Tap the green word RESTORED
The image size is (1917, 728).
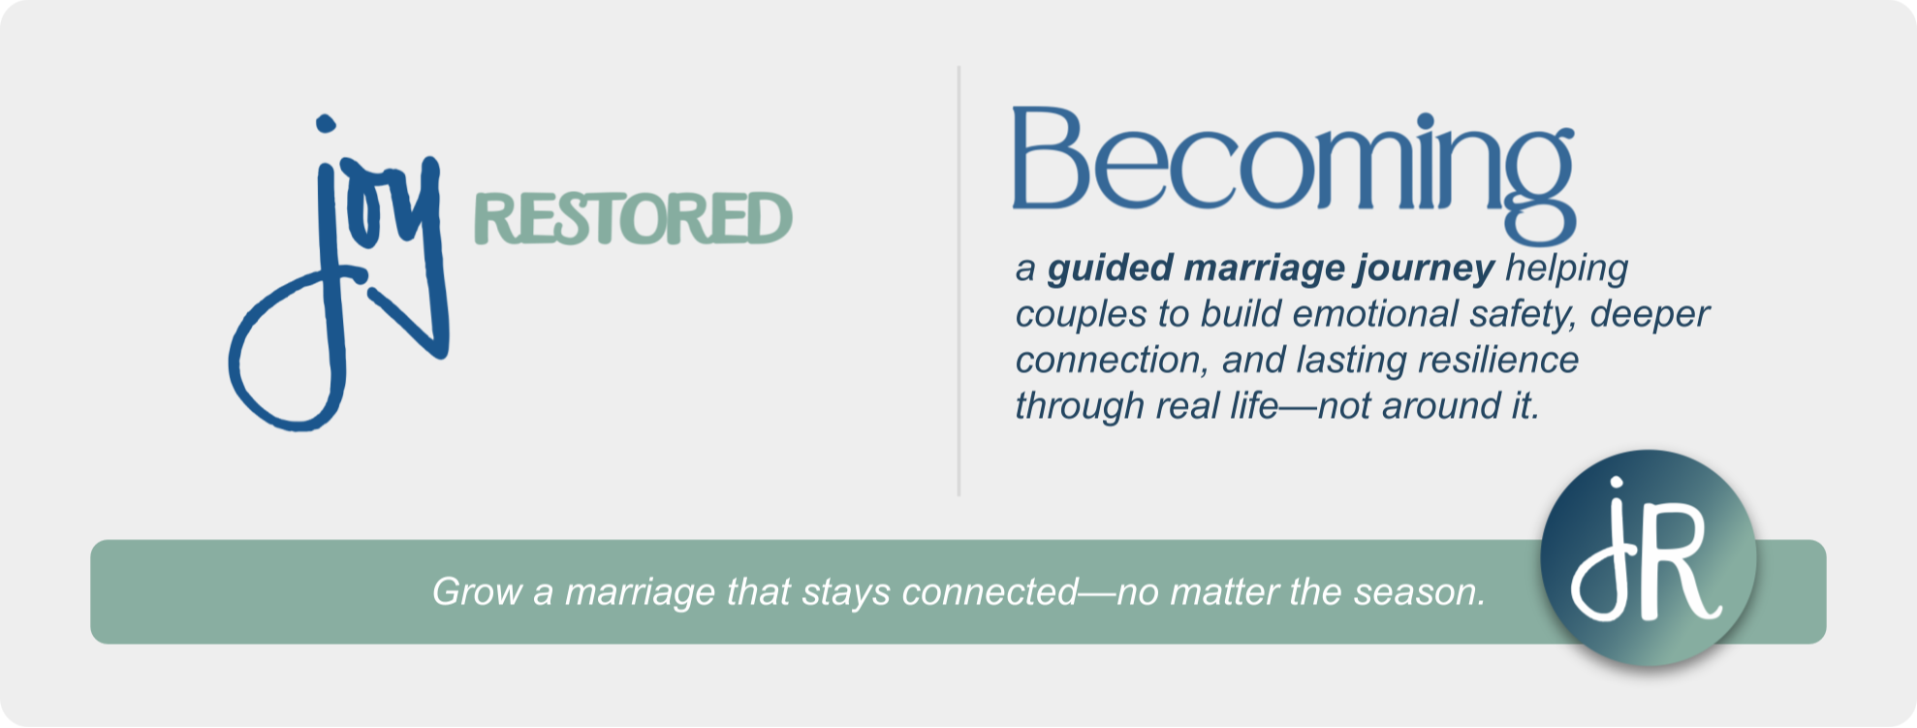633,218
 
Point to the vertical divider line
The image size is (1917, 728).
958,281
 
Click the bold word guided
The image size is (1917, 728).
1111,269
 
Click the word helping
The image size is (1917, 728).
1567,269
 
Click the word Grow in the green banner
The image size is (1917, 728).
477,592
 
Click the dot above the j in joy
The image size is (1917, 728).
326,123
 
